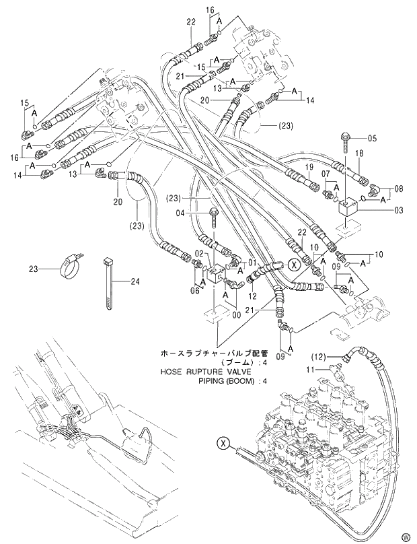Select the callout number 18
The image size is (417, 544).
point(358,154)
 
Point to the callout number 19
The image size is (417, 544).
point(309,166)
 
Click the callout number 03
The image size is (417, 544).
point(399,211)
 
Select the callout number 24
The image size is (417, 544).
point(135,281)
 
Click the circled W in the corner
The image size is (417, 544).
point(406,536)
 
